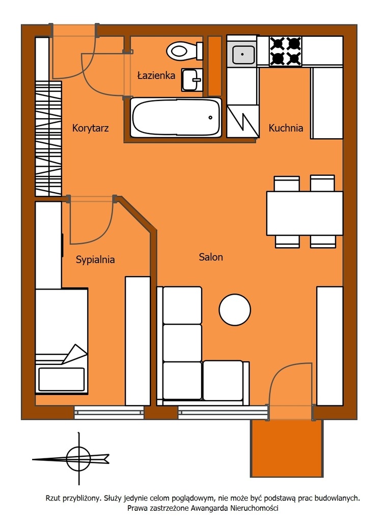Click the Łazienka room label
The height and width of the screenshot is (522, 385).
[156, 75]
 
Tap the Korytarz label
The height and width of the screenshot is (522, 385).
[91, 128]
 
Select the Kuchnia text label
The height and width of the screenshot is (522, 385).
[286, 128]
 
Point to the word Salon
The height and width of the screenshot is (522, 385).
[211, 257]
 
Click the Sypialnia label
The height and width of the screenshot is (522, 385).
[95, 259]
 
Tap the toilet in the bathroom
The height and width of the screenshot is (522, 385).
[184, 51]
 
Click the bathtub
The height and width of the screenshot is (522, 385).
[176, 117]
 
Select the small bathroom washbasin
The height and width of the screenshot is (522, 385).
[192, 80]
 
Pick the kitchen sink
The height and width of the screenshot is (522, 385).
[243, 54]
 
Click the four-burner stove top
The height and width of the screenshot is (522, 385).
[285, 51]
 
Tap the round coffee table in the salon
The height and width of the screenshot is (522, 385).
[235, 309]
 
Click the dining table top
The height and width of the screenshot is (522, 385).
[305, 213]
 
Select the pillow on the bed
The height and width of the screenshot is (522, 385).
[61, 379]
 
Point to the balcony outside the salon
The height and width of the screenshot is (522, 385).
[287, 448]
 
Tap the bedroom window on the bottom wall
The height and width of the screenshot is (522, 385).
[109, 412]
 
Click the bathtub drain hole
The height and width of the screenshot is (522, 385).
[210, 117]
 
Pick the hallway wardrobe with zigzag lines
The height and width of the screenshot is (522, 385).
[48, 139]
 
